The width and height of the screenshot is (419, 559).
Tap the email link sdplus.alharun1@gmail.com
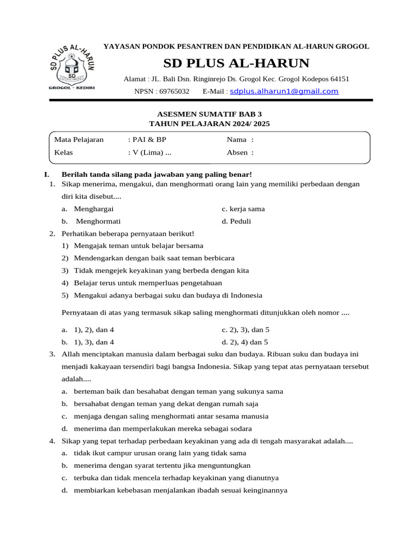coord(284,91)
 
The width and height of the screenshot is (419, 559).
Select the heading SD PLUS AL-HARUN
coord(236,63)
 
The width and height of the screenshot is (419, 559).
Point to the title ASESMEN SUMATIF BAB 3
coord(209,114)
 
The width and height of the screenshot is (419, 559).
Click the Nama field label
coord(237,140)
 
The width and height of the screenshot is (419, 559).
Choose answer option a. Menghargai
coord(87,209)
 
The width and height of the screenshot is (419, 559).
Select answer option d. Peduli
coord(236,221)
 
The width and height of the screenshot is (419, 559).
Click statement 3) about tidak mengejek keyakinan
coord(155,270)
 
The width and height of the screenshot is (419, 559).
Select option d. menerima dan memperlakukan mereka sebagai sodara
coord(157,429)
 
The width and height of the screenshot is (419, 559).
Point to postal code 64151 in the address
coord(338,79)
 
